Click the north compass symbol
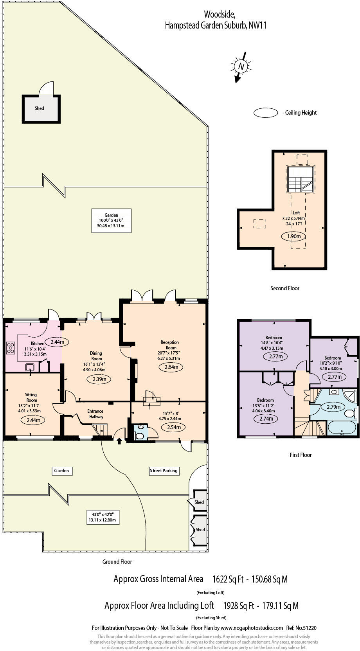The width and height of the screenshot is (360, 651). coord(241,67)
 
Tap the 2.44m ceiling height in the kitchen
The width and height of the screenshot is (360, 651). coord(57,342)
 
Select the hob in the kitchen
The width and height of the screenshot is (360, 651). coord(11,348)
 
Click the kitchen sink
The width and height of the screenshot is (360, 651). coord(30,367)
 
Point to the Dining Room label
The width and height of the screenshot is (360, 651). coord(96,356)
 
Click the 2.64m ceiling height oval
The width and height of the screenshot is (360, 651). coord(171,367)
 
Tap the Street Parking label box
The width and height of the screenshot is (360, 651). coord(164,471)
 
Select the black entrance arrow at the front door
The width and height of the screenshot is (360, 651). coord(119,441)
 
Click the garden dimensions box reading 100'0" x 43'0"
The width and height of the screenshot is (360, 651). coord(112,221)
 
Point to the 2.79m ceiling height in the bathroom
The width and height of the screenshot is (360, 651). coord(333,407)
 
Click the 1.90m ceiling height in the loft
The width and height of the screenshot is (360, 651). coord(294,236)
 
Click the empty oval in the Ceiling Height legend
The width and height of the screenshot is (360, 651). coord(265,113)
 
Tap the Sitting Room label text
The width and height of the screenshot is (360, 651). coord(31,397)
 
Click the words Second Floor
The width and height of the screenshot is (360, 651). coord(285,288)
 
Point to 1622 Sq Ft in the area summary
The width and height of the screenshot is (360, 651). coord(228,579)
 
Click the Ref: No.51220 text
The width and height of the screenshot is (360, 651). coord(301,628)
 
